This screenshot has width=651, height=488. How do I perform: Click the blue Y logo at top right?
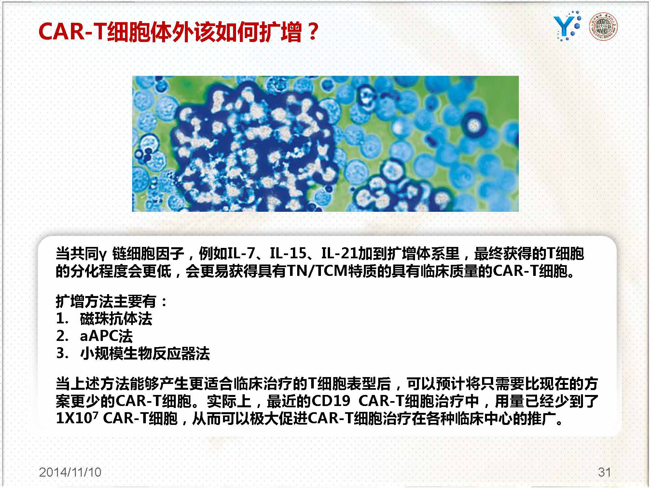567,26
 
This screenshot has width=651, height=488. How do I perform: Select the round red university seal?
604,27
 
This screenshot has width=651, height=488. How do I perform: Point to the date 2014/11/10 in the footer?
70,472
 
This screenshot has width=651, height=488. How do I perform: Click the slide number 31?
604,472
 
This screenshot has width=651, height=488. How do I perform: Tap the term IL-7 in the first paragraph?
241,253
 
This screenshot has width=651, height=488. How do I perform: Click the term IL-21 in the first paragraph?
339,253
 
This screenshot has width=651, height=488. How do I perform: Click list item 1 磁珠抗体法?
104,319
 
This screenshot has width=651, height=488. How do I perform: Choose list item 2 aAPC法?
94,336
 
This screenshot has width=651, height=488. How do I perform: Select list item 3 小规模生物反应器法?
133,353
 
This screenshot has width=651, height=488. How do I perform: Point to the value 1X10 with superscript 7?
77,418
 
